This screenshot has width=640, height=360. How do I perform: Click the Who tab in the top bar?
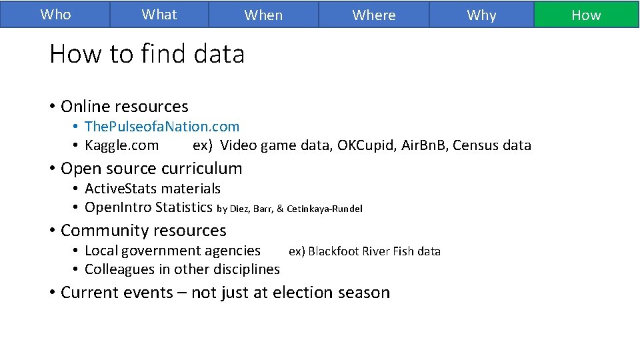(55, 14)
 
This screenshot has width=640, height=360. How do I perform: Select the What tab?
(159, 14)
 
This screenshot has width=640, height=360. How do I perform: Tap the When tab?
(263, 15)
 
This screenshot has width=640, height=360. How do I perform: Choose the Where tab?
(373, 15)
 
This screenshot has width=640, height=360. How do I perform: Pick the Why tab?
(481, 15)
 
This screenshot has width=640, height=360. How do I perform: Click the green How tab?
(586, 15)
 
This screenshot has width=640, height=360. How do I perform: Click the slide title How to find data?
(147, 53)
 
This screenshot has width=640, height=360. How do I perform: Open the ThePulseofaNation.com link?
(162, 126)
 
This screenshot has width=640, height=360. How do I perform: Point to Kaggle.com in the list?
(122, 145)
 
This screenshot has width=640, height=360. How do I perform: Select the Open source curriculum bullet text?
(151, 168)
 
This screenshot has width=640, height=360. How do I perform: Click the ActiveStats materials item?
(153, 189)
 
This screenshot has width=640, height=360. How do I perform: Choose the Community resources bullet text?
(143, 231)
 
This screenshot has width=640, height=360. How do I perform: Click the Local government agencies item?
(173, 251)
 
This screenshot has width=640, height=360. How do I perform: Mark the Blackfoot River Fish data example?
(374, 251)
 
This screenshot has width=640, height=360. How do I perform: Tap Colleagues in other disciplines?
(182, 269)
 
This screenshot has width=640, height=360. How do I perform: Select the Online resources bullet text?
(125, 106)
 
